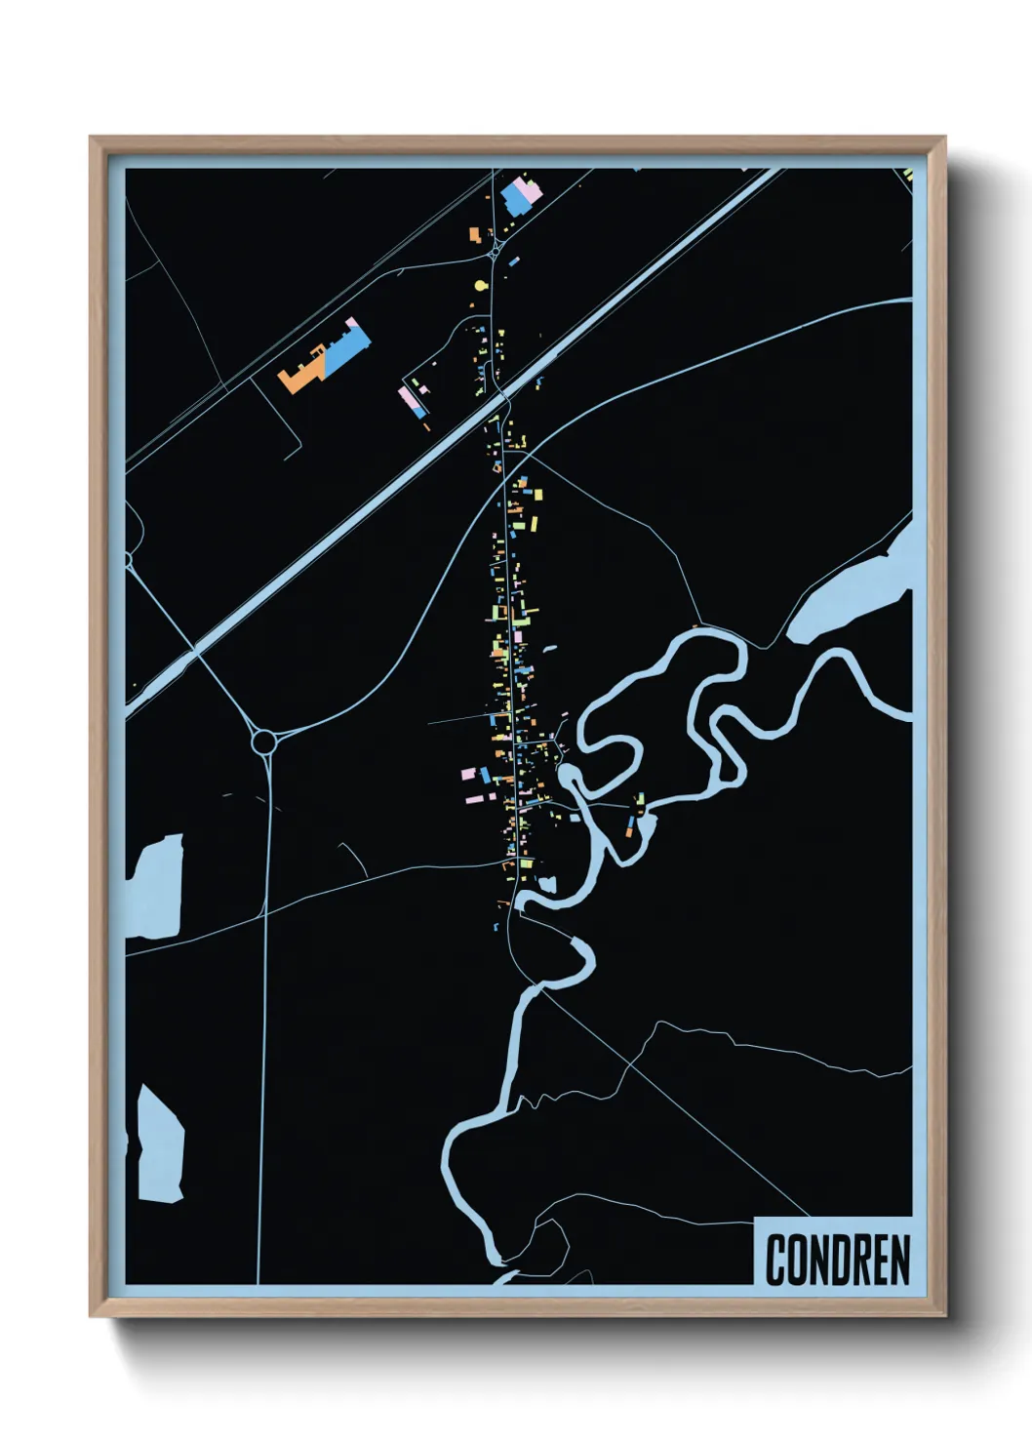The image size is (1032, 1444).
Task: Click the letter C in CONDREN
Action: click(x=777, y=1260)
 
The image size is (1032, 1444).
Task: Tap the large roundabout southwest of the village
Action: click(x=263, y=742)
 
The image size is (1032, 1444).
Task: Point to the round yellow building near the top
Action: click(x=479, y=286)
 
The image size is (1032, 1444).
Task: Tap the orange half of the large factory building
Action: click(x=302, y=374)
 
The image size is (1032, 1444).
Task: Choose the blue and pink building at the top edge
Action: click(x=516, y=196)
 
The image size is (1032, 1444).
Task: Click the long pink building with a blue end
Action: click(x=411, y=402)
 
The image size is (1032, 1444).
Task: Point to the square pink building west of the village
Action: click(x=467, y=774)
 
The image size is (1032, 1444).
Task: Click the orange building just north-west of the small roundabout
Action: click(x=475, y=235)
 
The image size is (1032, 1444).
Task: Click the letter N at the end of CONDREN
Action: click(x=899, y=1260)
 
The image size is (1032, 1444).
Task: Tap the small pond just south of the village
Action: click(x=547, y=884)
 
